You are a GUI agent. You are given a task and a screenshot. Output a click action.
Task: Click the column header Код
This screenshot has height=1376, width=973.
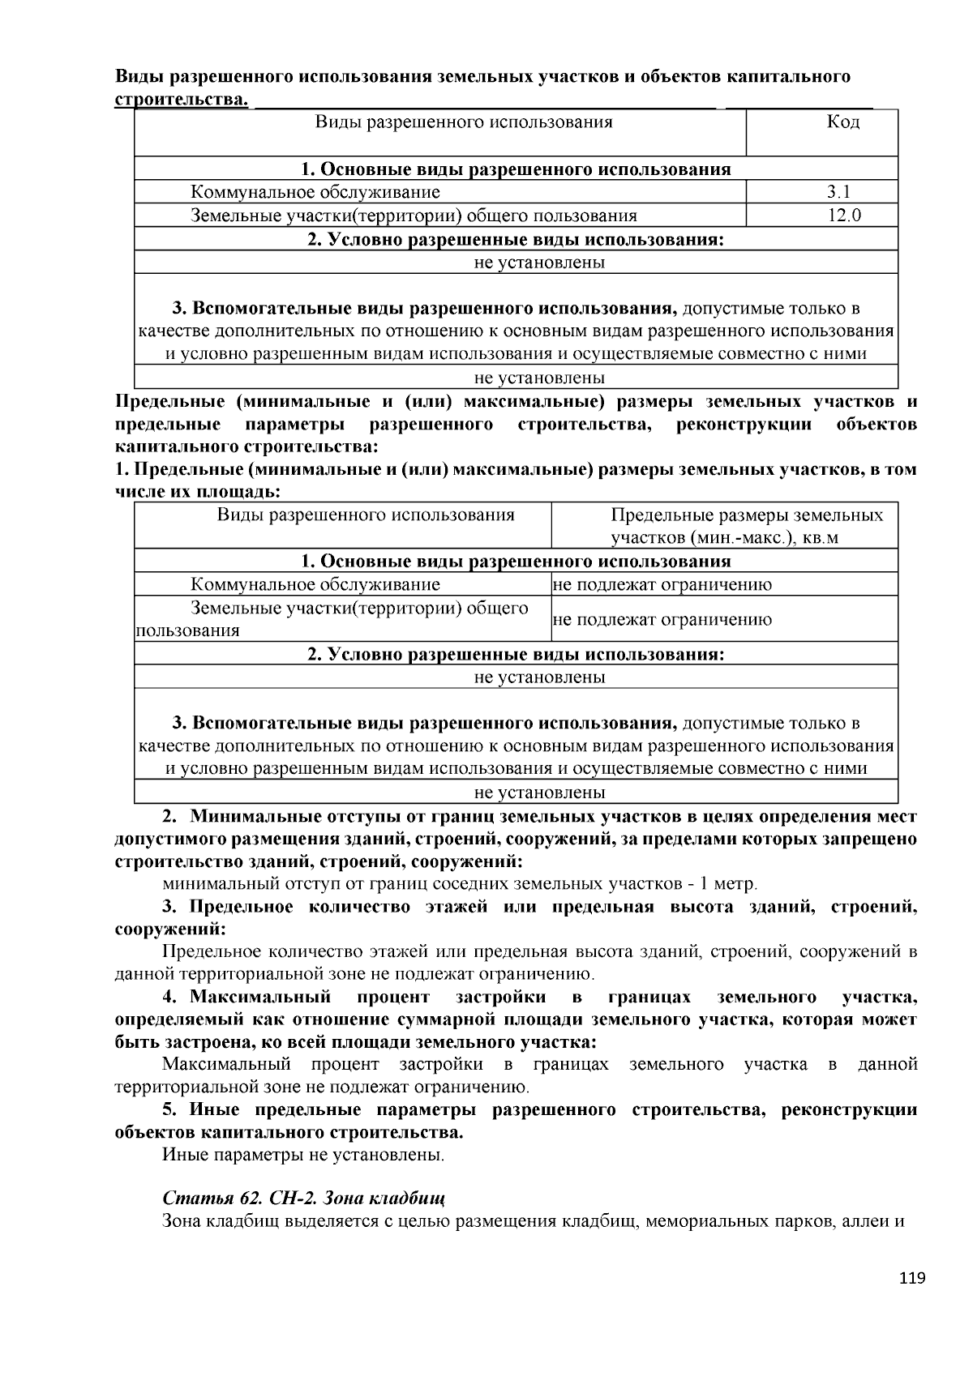click(x=842, y=122)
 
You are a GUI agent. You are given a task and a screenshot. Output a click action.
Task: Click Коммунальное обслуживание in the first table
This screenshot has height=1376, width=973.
click(x=315, y=192)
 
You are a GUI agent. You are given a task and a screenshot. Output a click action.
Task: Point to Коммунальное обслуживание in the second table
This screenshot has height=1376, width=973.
click(x=315, y=584)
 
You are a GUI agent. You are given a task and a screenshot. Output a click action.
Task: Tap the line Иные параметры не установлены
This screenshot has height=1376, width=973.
click(x=303, y=1154)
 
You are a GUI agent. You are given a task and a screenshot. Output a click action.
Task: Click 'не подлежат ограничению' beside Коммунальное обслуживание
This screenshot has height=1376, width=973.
click(x=662, y=584)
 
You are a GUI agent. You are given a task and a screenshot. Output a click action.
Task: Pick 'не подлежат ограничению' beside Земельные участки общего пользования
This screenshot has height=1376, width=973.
click(x=662, y=620)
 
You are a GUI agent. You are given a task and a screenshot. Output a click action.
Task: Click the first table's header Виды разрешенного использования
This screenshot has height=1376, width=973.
click(x=463, y=122)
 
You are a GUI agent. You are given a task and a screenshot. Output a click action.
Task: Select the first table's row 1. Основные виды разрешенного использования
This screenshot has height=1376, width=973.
click(x=516, y=169)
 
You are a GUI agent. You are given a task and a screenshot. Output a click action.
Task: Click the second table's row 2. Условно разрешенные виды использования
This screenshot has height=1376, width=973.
click(x=516, y=654)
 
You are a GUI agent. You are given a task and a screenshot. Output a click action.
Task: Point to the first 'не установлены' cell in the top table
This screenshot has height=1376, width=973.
click(x=539, y=263)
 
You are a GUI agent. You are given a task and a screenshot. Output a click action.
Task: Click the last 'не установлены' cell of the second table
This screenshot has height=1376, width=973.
click(x=539, y=793)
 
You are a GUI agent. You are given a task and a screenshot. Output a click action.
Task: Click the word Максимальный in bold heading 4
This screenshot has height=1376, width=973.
click(x=261, y=996)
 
